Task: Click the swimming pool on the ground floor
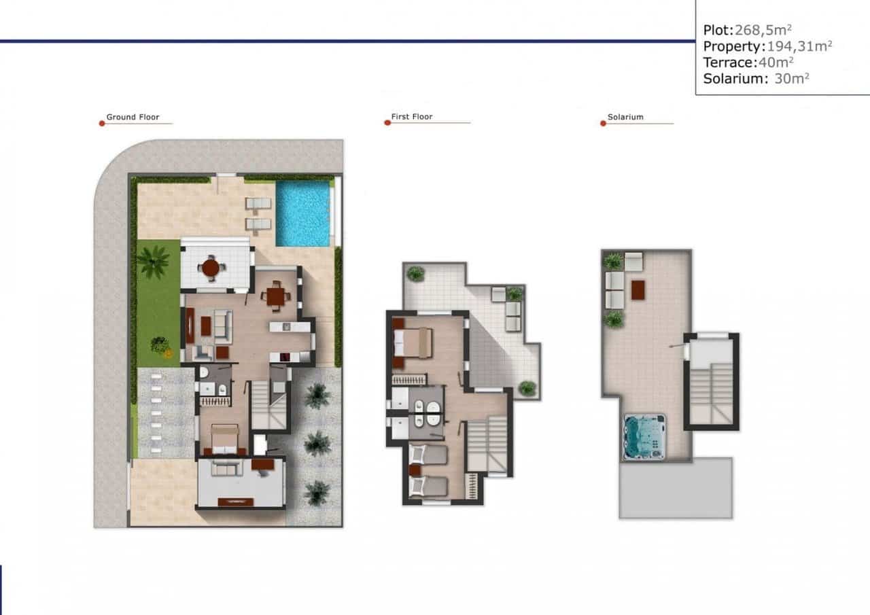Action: (x=302, y=213)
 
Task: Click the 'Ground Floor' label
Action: (x=133, y=118)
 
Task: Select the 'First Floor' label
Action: (x=412, y=118)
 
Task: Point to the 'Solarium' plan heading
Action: (x=625, y=118)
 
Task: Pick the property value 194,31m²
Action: (x=799, y=46)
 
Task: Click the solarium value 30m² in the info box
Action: (x=792, y=79)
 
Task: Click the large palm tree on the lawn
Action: (x=154, y=261)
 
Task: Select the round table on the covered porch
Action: (x=211, y=268)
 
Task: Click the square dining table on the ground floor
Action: (x=276, y=296)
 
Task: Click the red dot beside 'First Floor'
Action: (x=387, y=124)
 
